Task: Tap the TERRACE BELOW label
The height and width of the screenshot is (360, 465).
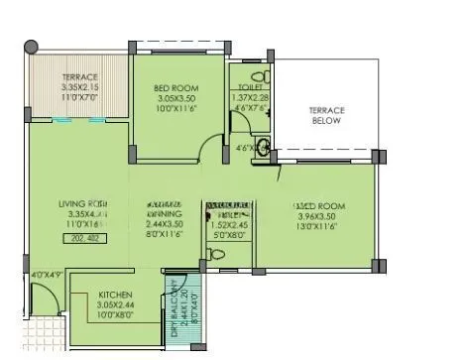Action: pyautogui.click(x=326, y=115)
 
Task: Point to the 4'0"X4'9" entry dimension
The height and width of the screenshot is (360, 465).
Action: pyautogui.click(x=46, y=274)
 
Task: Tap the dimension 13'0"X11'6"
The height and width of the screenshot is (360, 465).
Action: pyautogui.click(x=323, y=227)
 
